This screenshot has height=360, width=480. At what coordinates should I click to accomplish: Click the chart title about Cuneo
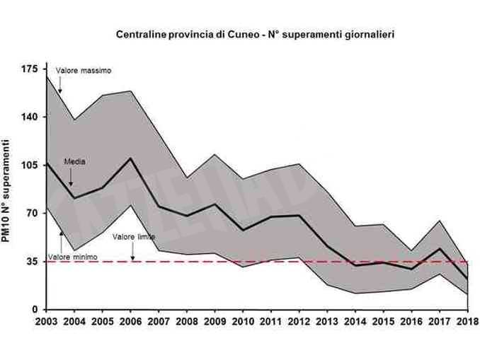[256, 33]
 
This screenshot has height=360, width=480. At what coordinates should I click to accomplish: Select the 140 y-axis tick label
[30, 117]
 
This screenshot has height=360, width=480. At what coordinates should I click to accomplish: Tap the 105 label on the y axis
[30, 165]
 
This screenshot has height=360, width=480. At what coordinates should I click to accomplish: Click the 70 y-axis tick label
[33, 213]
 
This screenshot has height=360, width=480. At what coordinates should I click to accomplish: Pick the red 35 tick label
[33, 262]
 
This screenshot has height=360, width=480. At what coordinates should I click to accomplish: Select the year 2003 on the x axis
[47, 323]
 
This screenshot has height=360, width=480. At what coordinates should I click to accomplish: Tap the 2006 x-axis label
[131, 323]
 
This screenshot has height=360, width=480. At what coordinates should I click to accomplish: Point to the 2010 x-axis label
[243, 323]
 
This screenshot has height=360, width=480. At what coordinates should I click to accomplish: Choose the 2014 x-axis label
[355, 323]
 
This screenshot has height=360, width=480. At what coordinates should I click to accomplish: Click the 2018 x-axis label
[466, 323]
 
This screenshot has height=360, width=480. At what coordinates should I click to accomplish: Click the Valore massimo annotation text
[84, 71]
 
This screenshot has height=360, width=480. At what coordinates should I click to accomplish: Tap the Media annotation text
[74, 161]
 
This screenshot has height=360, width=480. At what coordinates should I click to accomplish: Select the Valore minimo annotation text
[72, 257]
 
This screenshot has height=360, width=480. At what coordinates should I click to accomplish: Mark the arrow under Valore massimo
[61, 85]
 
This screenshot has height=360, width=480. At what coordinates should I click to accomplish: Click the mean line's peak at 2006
[131, 158]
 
